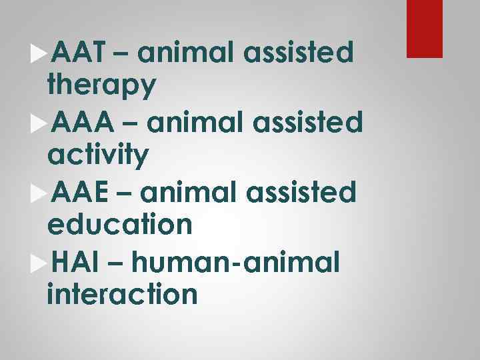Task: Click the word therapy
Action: click(x=103, y=85)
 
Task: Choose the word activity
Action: click(x=99, y=155)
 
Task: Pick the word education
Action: click(x=120, y=225)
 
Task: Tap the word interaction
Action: click(x=123, y=294)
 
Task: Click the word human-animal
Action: click(x=236, y=263)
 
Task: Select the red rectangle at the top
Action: click(x=425, y=28)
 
